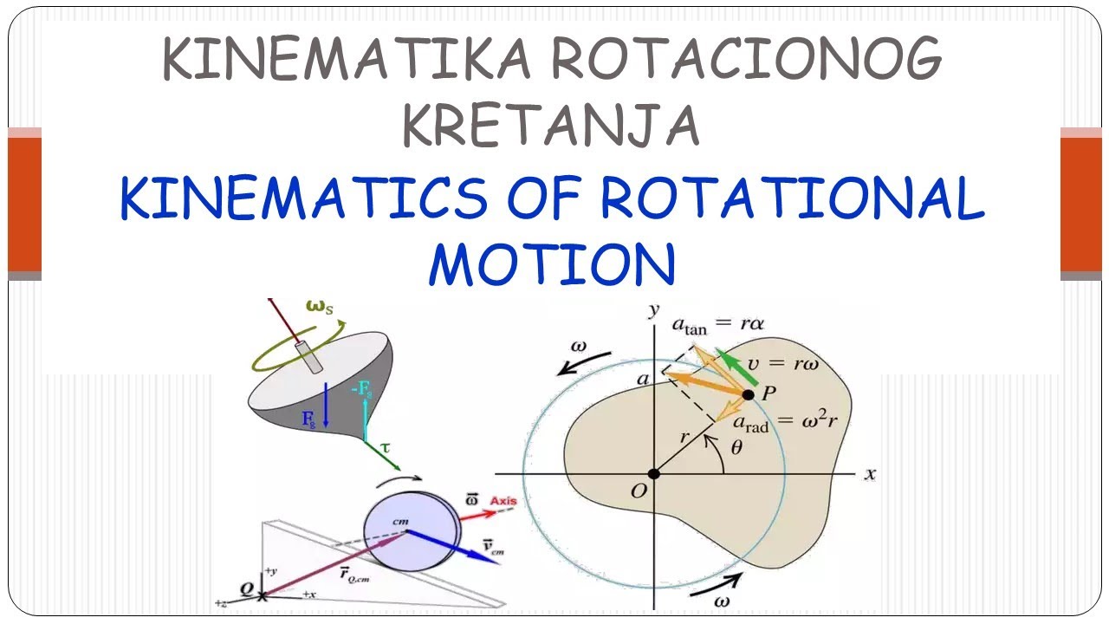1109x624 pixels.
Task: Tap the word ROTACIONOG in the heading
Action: (x=745, y=60)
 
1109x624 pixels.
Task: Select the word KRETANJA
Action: (x=551, y=124)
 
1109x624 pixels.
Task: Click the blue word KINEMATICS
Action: (x=304, y=198)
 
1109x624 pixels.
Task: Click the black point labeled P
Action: (x=749, y=394)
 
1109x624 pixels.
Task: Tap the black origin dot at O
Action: (x=654, y=473)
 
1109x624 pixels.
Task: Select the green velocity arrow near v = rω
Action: (x=740, y=367)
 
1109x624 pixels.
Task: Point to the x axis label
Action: (x=870, y=474)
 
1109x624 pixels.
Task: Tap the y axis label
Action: (x=656, y=309)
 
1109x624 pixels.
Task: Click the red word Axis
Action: (x=503, y=501)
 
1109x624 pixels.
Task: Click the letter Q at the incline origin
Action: (x=247, y=589)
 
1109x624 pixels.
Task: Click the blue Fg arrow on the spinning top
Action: (x=325, y=405)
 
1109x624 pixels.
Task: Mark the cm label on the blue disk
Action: (x=399, y=522)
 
